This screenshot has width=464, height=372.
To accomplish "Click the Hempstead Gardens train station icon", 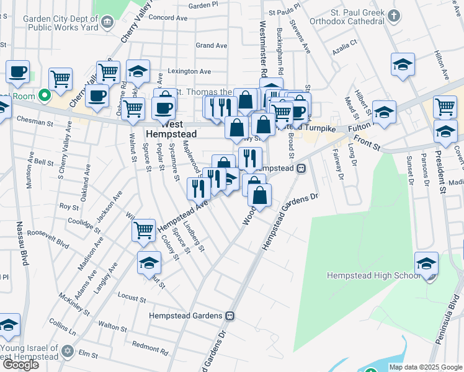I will click(230, 316).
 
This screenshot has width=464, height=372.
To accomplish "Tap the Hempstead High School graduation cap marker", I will click(426, 262).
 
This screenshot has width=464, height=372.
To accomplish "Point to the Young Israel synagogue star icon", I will click(68, 352).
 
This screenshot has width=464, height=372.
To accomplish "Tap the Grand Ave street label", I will click(212, 45).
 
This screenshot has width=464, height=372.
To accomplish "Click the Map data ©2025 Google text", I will click(425, 367).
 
